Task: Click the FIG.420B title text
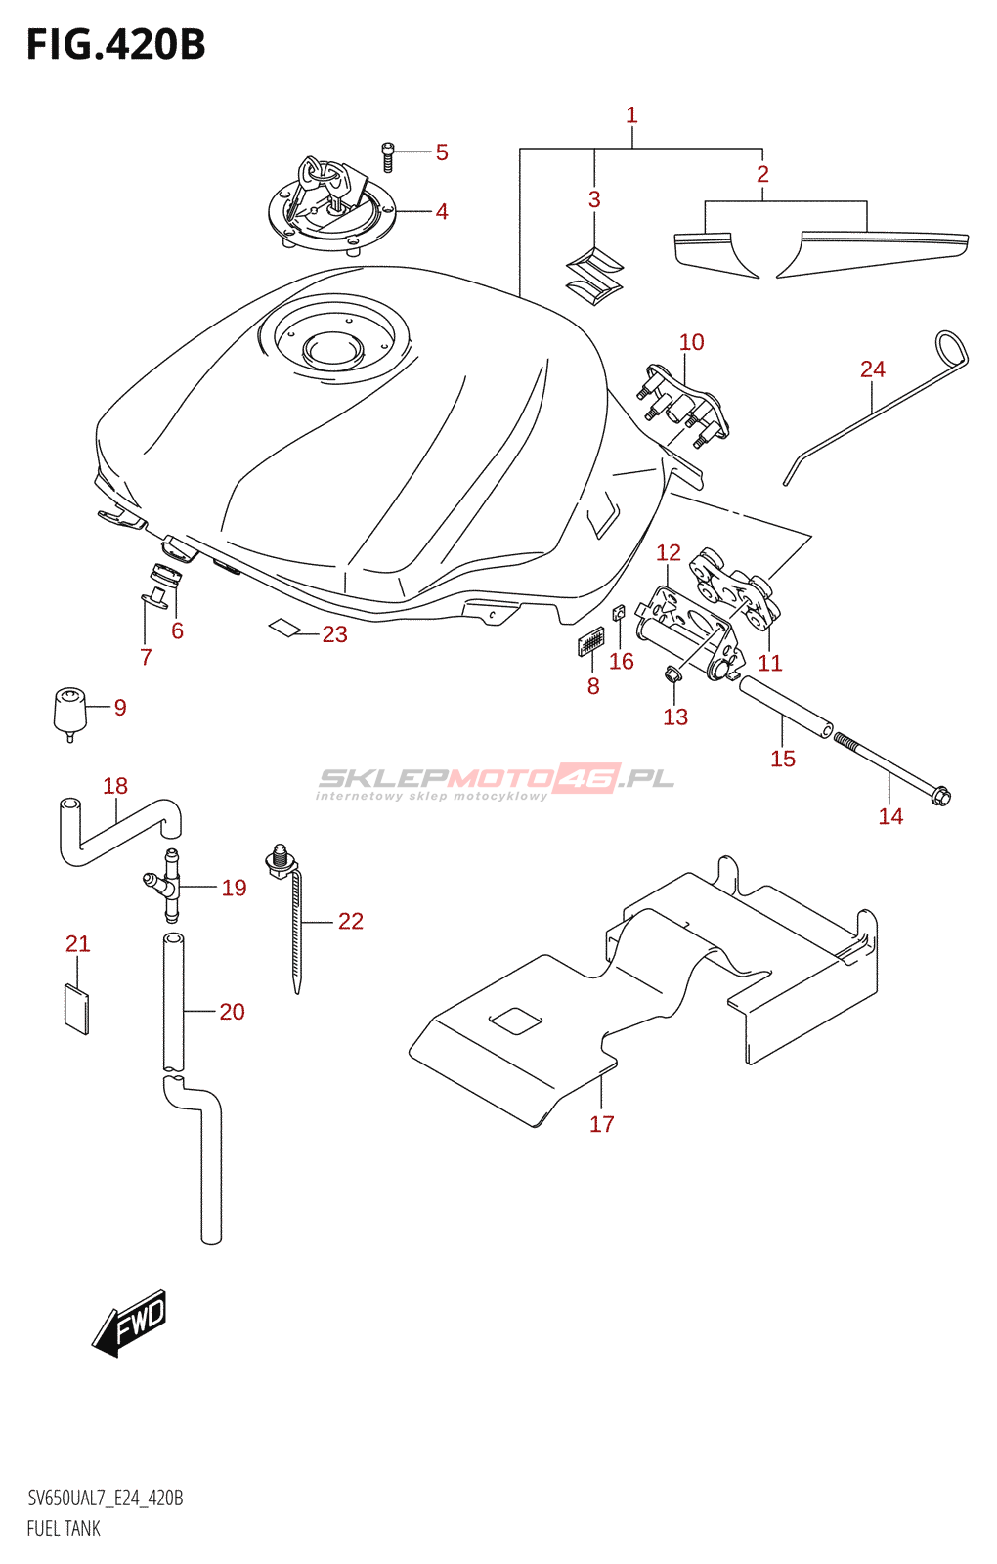[x=116, y=45]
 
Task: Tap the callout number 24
[x=873, y=369]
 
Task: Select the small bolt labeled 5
[x=387, y=156]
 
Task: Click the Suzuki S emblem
[x=594, y=275]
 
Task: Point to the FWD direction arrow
[x=130, y=1324]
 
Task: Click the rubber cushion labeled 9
[x=69, y=714]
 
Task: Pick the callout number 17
[x=602, y=1123]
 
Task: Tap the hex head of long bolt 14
[x=941, y=796]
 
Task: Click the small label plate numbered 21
[x=77, y=1008]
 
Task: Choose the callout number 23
[x=335, y=634]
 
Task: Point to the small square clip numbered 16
[x=617, y=613]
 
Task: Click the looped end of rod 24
[x=951, y=347]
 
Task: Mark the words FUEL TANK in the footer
[x=64, y=1529]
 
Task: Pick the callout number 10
[x=691, y=342]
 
